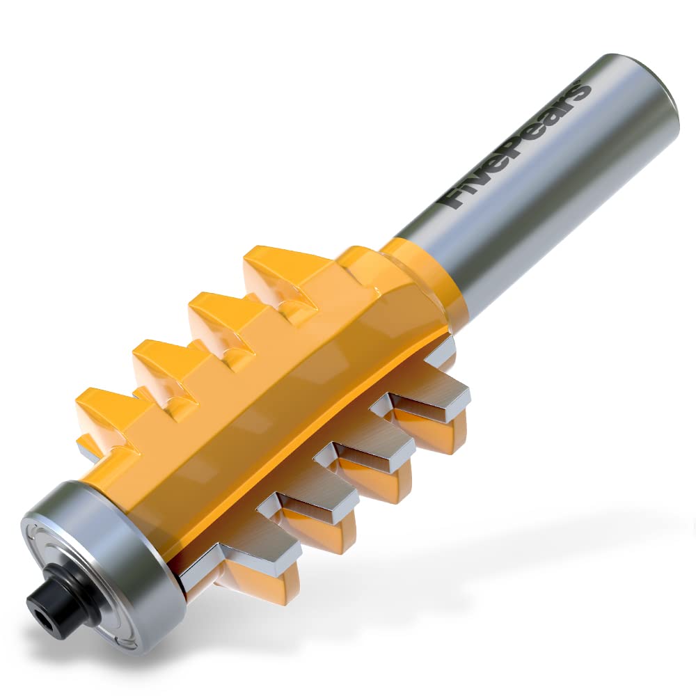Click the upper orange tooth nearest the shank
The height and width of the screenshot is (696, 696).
tap(278, 271)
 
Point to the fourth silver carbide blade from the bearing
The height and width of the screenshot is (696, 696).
tap(425, 404)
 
